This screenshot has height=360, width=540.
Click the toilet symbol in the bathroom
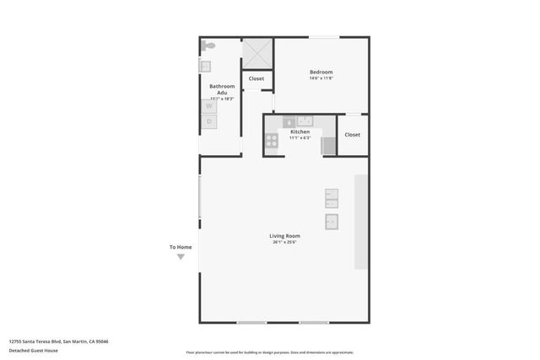208,46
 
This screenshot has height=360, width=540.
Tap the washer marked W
208,106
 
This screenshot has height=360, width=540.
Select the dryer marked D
208,121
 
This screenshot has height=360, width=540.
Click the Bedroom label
321,73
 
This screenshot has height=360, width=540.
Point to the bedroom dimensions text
321,78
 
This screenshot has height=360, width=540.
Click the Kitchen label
300,132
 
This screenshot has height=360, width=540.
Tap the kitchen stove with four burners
272,142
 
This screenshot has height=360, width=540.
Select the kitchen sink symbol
305,121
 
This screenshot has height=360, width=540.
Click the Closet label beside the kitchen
353,135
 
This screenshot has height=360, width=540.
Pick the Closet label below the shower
256,78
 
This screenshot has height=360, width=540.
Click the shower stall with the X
256,53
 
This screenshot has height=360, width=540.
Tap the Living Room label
284,236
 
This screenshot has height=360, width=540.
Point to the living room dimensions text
284,242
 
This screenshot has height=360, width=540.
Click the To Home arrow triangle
181,256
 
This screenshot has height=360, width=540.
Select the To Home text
181,247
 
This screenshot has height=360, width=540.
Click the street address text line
58,341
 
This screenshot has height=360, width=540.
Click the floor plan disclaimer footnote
269,352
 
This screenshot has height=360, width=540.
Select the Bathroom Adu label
222,89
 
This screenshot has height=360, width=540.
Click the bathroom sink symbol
204,66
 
